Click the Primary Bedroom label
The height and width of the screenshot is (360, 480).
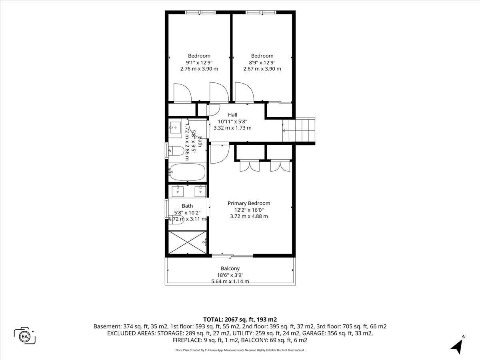249,203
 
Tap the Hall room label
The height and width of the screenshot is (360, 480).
232,115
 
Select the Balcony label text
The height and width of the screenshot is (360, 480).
230,268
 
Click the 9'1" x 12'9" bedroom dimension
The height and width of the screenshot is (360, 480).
199,62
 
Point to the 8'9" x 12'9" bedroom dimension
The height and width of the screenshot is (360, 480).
262,62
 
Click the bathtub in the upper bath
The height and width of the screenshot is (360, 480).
188,172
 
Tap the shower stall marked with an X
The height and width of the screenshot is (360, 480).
188,242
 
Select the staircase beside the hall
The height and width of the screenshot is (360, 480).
299,130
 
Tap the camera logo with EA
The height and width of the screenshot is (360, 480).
24,336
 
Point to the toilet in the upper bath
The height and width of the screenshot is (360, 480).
176,151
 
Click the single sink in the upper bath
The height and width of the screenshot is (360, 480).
175,128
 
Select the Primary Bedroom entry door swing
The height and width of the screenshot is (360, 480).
220,153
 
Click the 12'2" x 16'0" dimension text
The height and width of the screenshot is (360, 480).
249,210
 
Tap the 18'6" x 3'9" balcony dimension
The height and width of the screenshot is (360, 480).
230,275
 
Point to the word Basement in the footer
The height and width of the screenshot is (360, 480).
107,326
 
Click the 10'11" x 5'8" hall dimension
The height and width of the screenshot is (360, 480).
232,122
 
